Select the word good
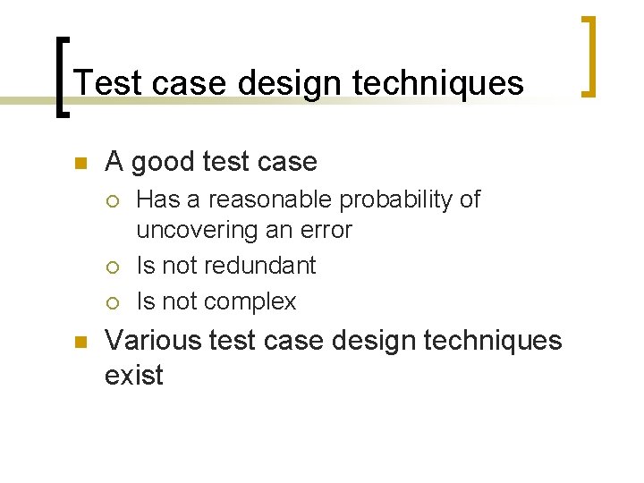[x=166, y=162]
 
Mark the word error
[x=326, y=231]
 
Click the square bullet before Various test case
[x=78, y=343]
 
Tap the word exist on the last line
[x=134, y=375]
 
